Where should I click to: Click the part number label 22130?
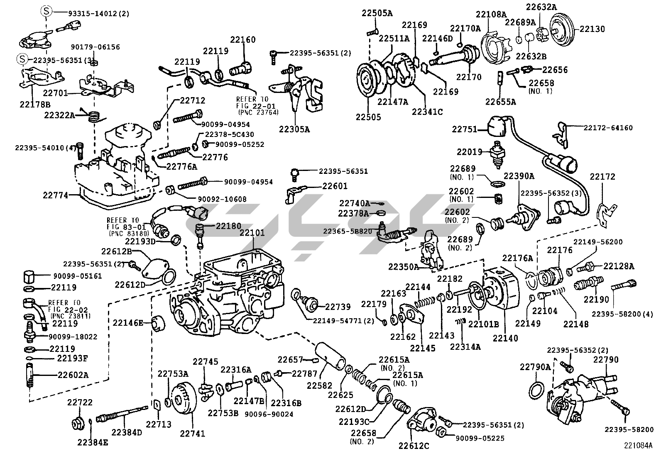(x=592, y=29)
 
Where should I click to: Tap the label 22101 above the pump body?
(x=252, y=233)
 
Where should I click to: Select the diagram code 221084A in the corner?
(x=638, y=445)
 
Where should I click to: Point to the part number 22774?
(x=56, y=195)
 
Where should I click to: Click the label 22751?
(x=465, y=129)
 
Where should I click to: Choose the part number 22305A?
(x=294, y=129)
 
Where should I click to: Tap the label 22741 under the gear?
(x=192, y=433)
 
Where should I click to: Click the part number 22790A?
(x=535, y=367)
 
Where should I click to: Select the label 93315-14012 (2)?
(x=98, y=14)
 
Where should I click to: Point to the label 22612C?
(x=414, y=446)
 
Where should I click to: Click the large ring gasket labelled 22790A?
(x=536, y=390)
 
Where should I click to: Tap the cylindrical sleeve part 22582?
(x=330, y=356)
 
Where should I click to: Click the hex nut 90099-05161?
(x=29, y=276)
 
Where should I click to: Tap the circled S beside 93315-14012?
(x=47, y=11)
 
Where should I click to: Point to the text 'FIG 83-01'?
(x=126, y=227)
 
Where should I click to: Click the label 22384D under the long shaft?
(x=127, y=432)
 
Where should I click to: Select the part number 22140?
(x=505, y=338)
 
